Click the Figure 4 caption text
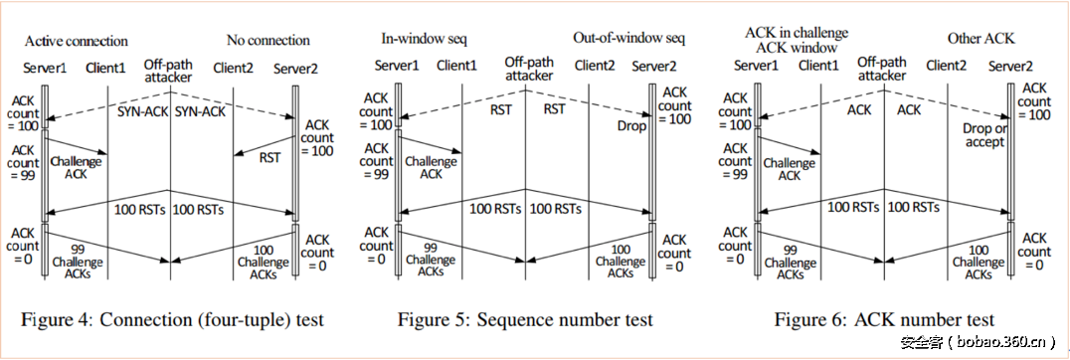click(173, 319)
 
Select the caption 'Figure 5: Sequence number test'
click(525, 319)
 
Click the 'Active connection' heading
click(77, 41)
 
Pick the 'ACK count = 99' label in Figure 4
click(21, 160)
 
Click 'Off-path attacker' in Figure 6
click(882, 68)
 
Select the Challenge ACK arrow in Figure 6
click(792, 144)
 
